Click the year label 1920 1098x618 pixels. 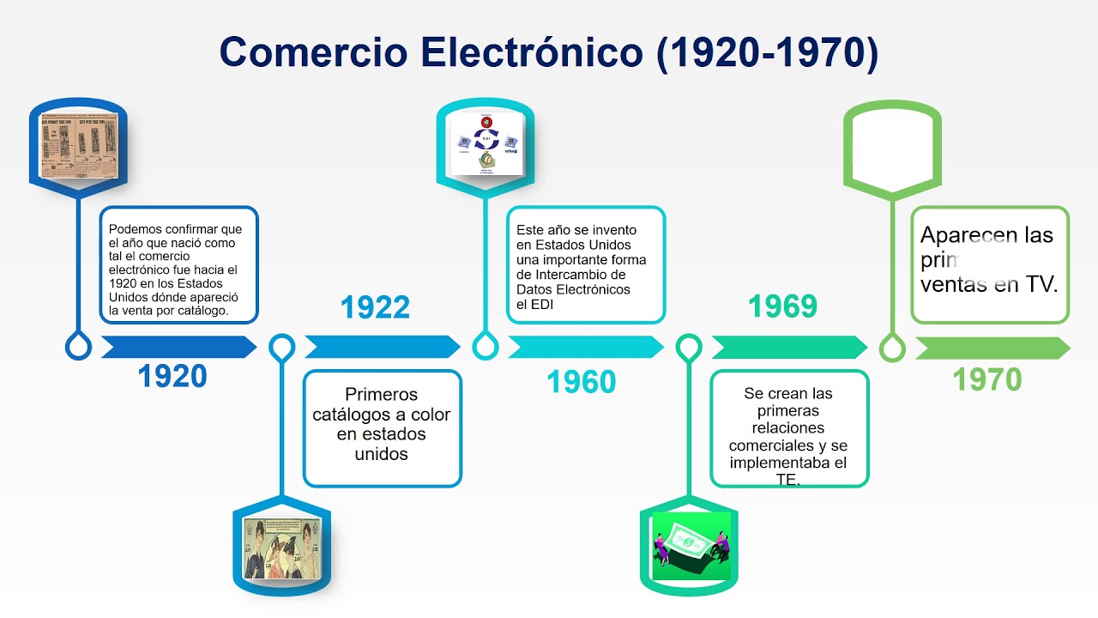point(172,376)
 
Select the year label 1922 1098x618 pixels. point(375,307)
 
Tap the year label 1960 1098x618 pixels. point(582,383)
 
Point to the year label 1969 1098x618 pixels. point(782,307)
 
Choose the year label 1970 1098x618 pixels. point(987,379)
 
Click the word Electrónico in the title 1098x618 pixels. point(532,52)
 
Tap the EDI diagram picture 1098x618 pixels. point(486,142)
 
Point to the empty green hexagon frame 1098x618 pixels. point(892,144)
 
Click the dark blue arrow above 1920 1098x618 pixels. point(178,347)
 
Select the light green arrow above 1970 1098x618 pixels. point(992,348)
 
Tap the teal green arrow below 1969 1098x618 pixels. point(788,347)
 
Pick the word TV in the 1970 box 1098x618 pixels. point(1041,285)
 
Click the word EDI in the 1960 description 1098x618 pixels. point(534,304)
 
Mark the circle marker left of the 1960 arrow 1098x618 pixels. point(486,347)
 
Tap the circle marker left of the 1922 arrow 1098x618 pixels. point(281,347)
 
